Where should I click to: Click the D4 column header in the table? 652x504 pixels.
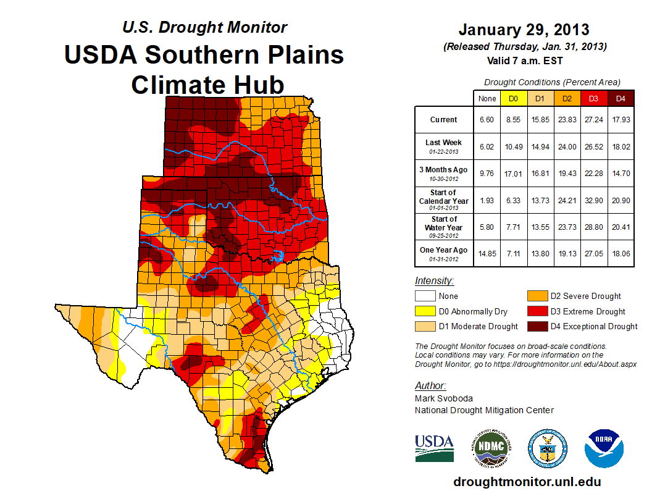click(x=621, y=98)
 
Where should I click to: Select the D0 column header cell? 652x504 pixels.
click(x=513, y=98)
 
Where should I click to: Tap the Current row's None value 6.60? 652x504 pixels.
click(x=487, y=120)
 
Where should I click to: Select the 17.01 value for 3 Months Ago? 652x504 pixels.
click(x=513, y=173)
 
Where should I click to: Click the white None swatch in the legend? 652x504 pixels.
click(x=425, y=296)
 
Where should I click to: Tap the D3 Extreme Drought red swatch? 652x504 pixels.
click(x=537, y=311)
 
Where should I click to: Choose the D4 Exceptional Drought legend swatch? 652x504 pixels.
click(x=537, y=326)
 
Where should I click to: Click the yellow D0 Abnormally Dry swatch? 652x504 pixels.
click(x=425, y=311)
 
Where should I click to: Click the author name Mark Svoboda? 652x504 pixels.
click(x=445, y=398)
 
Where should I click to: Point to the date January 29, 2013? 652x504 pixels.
click(x=524, y=30)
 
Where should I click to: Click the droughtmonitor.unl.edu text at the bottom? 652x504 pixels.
click(x=527, y=482)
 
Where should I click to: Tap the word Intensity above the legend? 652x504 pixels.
click(x=434, y=281)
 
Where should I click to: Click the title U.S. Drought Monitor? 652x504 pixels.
click(x=204, y=27)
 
